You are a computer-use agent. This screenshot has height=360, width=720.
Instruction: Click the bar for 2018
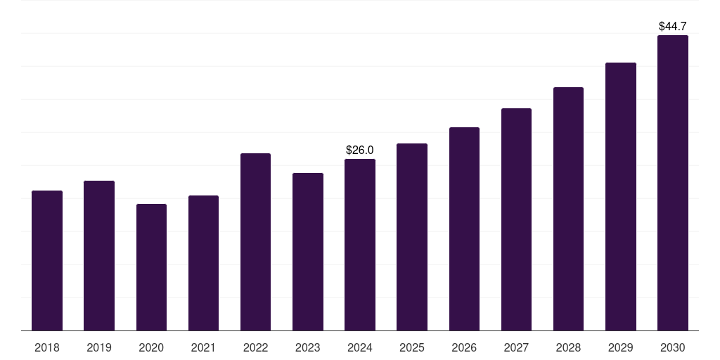(x=47, y=260)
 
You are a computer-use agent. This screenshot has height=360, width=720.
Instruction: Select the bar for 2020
(x=151, y=267)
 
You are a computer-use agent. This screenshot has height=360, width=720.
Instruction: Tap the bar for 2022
(x=255, y=242)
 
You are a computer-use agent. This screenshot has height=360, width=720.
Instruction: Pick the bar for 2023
(x=308, y=252)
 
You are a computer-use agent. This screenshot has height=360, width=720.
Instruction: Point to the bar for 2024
(x=360, y=245)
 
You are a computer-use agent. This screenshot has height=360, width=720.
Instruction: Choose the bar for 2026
(x=464, y=229)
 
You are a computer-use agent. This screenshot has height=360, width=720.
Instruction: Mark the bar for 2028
(x=568, y=209)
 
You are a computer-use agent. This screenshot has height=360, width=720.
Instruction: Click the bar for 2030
(x=673, y=183)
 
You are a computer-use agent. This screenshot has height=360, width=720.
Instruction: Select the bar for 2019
(x=99, y=255)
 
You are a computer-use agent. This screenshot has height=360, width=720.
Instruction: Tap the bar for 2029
(x=621, y=196)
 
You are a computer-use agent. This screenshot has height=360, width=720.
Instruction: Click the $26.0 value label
(x=360, y=150)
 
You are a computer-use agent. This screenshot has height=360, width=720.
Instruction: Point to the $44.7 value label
(x=673, y=26)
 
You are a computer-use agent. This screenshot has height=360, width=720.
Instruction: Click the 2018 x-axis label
(x=47, y=347)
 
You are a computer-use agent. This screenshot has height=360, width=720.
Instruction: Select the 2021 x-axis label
(x=203, y=347)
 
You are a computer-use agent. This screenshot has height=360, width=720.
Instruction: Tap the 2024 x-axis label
(x=360, y=347)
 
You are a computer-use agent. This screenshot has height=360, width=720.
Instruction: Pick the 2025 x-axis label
(x=412, y=347)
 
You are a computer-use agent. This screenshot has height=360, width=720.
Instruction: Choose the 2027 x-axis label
(x=516, y=347)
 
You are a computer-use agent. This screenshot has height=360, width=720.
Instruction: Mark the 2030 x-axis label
(x=673, y=347)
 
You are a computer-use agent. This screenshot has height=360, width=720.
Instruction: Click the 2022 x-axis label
(x=255, y=347)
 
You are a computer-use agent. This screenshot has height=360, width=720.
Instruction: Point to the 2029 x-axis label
(x=621, y=347)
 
